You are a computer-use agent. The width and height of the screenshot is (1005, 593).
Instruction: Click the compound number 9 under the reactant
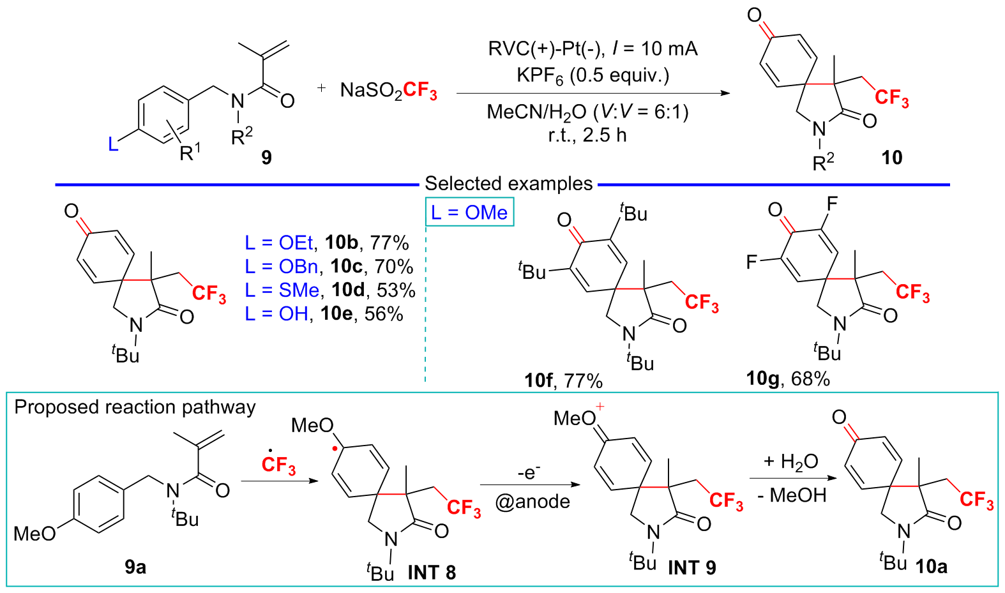pyautogui.click(x=266, y=157)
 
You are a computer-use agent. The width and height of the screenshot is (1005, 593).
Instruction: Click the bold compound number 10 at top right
pyautogui.click(x=891, y=157)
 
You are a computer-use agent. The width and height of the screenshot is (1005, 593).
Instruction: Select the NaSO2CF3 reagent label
pyautogui.click(x=388, y=91)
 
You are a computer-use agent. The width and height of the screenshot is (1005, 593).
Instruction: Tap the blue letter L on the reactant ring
pyautogui.click(x=113, y=144)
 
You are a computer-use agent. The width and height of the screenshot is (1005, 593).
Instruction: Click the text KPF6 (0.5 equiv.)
pyautogui.click(x=593, y=76)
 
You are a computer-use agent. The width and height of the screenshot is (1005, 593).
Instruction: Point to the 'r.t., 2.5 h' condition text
pyautogui.click(x=587, y=135)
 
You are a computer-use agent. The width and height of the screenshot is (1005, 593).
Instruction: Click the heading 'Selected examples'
pyautogui.click(x=508, y=184)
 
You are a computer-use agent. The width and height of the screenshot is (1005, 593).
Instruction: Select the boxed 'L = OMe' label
pyautogui.click(x=469, y=213)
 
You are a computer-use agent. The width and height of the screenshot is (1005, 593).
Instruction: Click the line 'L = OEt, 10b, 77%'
pyautogui.click(x=327, y=243)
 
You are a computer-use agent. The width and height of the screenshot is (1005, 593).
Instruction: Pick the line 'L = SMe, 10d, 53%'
pyautogui.click(x=330, y=290)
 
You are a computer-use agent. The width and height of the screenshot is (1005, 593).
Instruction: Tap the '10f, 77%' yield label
pyautogui.click(x=563, y=380)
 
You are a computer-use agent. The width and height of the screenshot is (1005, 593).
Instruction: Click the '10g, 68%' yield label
pyautogui.click(x=788, y=379)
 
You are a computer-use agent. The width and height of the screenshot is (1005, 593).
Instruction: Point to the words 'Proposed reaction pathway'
pyautogui.click(x=135, y=407)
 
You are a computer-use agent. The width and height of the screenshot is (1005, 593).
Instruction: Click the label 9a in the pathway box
pyautogui.click(x=135, y=566)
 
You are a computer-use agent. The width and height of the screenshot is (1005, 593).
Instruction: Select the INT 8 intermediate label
pyautogui.click(x=432, y=573)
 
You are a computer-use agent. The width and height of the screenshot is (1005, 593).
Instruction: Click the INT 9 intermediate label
pyautogui.click(x=691, y=567)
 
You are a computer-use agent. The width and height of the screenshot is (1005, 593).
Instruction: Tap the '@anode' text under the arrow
pyautogui.click(x=533, y=502)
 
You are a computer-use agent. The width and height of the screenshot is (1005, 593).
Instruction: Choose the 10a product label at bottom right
pyautogui.click(x=931, y=566)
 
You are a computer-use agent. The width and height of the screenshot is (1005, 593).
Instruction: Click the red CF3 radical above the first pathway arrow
pyautogui.click(x=278, y=463)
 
